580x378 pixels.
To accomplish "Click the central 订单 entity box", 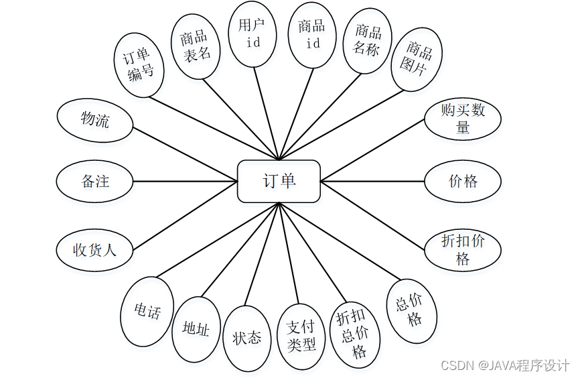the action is coord(279,181).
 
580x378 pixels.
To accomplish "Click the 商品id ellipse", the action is coord(312,34).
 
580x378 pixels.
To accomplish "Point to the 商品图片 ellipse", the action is coord(417,59).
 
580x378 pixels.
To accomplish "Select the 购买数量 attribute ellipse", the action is coord(463,119).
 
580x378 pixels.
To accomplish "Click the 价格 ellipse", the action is coord(463,181).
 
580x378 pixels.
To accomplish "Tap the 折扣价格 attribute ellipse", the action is coord(463,249).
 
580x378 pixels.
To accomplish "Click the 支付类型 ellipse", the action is coord(301,336).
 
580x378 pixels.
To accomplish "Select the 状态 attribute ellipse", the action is coord(246,338).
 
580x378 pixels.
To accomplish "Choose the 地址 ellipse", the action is coord(196,329).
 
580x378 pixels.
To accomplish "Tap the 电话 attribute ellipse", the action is coord(147,310).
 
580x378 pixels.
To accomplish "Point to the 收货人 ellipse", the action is coord(95,251).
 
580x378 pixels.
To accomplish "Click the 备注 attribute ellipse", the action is coord(95,181).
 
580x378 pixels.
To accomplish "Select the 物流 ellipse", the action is coord(95,121).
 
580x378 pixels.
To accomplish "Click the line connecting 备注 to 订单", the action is coord(186,181).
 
